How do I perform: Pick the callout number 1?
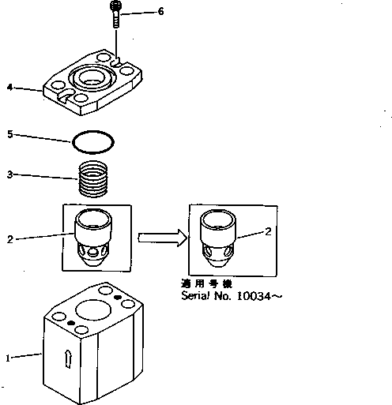tap(9, 358)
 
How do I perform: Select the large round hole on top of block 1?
tap(96, 304)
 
